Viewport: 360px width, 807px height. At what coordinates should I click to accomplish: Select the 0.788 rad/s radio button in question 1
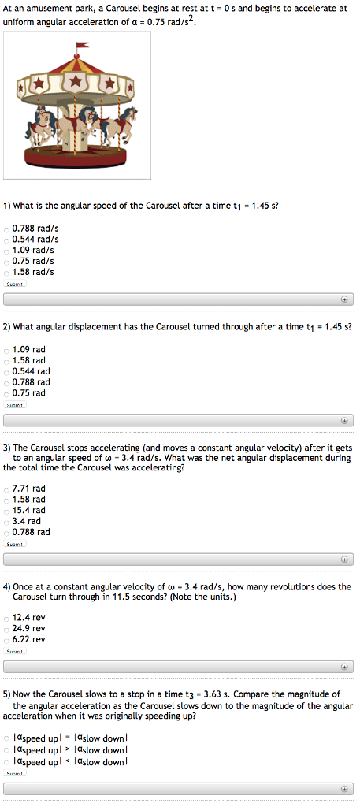tap(6, 229)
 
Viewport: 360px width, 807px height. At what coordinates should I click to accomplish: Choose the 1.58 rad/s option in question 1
tap(6, 272)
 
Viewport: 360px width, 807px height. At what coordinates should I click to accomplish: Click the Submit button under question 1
tap(15, 284)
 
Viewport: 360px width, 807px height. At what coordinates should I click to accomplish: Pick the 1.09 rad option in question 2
tap(6, 349)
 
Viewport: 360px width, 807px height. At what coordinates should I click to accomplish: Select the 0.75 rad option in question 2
tap(6, 393)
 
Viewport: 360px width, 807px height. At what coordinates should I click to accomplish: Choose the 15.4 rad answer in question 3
tap(6, 511)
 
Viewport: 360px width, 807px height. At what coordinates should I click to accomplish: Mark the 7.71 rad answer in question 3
tap(6, 489)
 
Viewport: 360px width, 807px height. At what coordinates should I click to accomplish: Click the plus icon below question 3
tap(344, 559)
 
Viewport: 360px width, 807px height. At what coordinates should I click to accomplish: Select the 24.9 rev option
tap(6, 629)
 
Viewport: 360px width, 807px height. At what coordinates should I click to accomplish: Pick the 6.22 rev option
tap(6, 640)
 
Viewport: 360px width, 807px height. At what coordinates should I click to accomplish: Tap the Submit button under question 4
tap(15, 652)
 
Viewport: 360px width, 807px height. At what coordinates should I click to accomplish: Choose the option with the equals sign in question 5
tap(6, 738)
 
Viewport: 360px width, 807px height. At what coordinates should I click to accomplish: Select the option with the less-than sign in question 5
tap(6, 762)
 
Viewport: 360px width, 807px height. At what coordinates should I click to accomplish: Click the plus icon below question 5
tap(344, 789)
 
